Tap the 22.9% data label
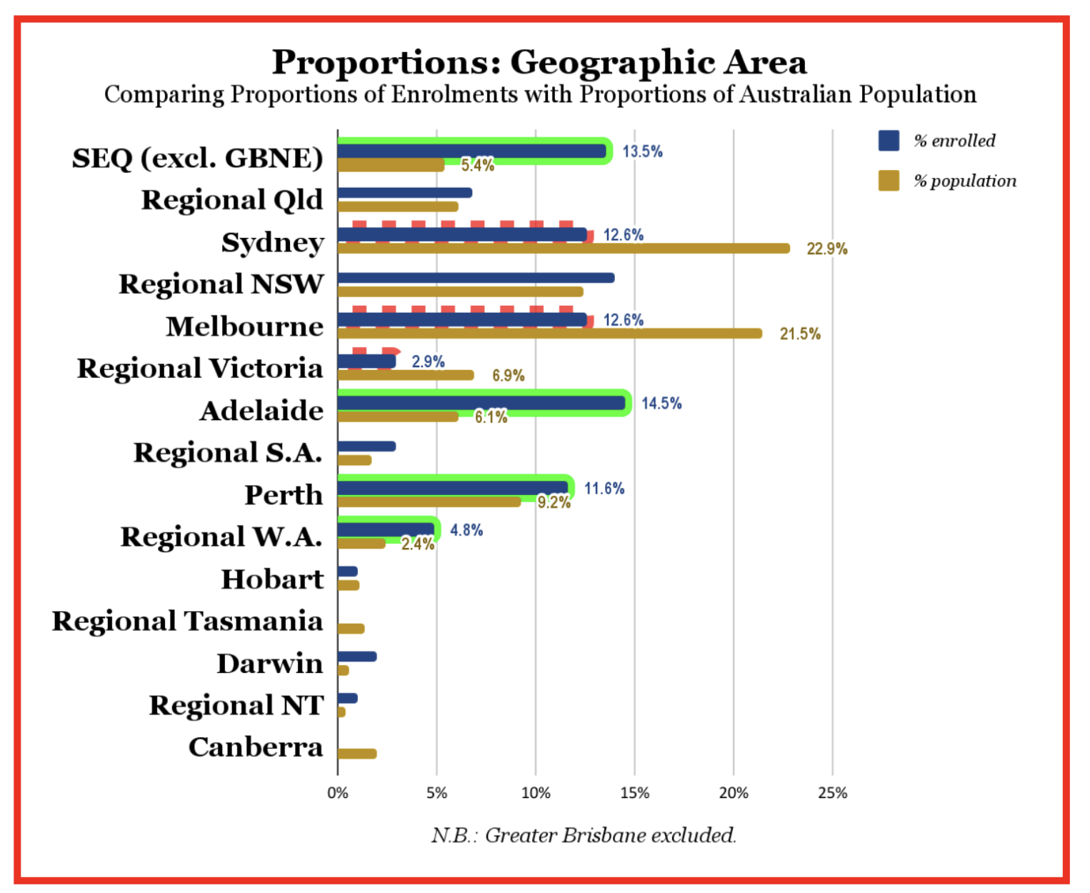[x=826, y=249]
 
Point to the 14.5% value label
[x=661, y=403]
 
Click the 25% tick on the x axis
[x=832, y=793]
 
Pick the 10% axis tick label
[x=536, y=793]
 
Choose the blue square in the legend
[x=889, y=141]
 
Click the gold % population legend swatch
[x=889, y=181]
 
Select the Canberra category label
[x=256, y=747]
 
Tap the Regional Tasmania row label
[x=187, y=622]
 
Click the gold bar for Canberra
[x=356, y=754]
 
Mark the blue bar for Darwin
[x=356, y=657]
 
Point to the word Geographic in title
[x=612, y=62]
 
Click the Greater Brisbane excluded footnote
[x=583, y=835]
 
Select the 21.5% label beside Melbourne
[x=800, y=334]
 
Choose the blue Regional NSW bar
[x=475, y=278]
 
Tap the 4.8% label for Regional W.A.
[x=466, y=530]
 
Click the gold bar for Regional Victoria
[x=405, y=375]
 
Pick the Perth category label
[x=284, y=495]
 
